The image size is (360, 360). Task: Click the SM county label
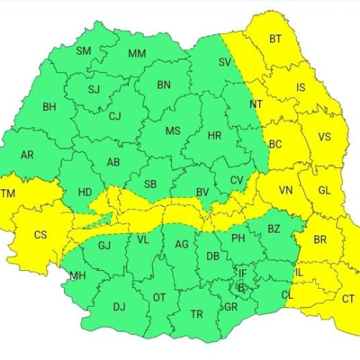pyautogui.click(x=84, y=50)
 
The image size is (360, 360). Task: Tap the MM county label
pyautogui.click(x=137, y=54)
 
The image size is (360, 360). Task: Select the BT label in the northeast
pyautogui.click(x=275, y=39)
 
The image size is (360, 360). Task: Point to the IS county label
pyautogui.click(x=301, y=88)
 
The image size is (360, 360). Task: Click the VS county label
pyautogui.click(x=324, y=137)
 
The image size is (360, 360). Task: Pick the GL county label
pyautogui.click(x=324, y=190)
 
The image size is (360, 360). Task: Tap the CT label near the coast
pyautogui.click(x=348, y=299)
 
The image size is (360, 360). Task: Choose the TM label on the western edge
pyautogui.click(x=8, y=194)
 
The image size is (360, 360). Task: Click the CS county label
pyautogui.click(x=41, y=234)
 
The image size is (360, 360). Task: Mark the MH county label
pyautogui.click(x=77, y=275)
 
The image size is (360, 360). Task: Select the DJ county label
pyautogui.click(x=119, y=307)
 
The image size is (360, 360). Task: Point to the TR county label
pyautogui.click(x=197, y=314)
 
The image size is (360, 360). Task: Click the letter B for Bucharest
pyautogui.click(x=241, y=288)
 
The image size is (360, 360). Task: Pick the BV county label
pyautogui.click(x=202, y=192)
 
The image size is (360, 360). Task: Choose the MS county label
pyautogui.click(x=173, y=131)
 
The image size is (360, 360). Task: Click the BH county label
pyautogui.click(x=49, y=107)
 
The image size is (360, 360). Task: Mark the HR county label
pyautogui.click(x=214, y=135)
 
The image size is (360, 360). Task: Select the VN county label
pyautogui.click(x=286, y=190)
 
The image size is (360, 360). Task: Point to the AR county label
pyautogui.click(x=27, y=155)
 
